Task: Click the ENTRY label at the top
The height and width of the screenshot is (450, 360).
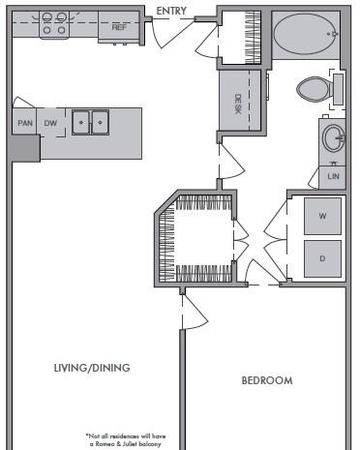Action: pyautogui.click(x=171, y=11)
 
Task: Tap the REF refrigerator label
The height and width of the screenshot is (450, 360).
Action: pyautogui.click(x=119, y=27)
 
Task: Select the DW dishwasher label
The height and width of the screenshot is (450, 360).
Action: pyautogui.click(x=50, y=123)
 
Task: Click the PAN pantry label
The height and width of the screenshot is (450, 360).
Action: pyautogui.click(x=25, y=123)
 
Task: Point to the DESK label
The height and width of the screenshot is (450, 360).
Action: pyautogui.click(x=238, y=104)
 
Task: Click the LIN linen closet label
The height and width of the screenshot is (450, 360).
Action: pyautogui.click(x=333, y=176)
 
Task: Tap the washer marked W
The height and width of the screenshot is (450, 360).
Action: pyautogui.click(x=322, y=216)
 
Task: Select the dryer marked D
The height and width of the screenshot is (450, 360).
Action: pyautogui.click(x=322, y=258)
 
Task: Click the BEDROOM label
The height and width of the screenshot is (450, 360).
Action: pyautogui.click(x=267, y=380)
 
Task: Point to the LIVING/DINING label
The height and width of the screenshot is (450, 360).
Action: pyautogui.click(x=92, y=368)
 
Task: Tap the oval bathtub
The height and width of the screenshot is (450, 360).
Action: pyautogui.click(x=306, y=34)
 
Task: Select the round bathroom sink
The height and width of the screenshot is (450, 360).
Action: pyautogui.click(x=334, y=138)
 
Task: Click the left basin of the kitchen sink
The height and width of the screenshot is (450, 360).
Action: pyautogui.click(x=81, y=123)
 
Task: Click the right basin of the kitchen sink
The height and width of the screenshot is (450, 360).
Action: pyautogui.click(x=100, y=123)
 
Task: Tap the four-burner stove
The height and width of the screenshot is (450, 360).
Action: pyautogui.click(x=54, y=24)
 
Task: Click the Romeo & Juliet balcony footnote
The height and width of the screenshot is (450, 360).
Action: pyautogui.click(x=126, y=440)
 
